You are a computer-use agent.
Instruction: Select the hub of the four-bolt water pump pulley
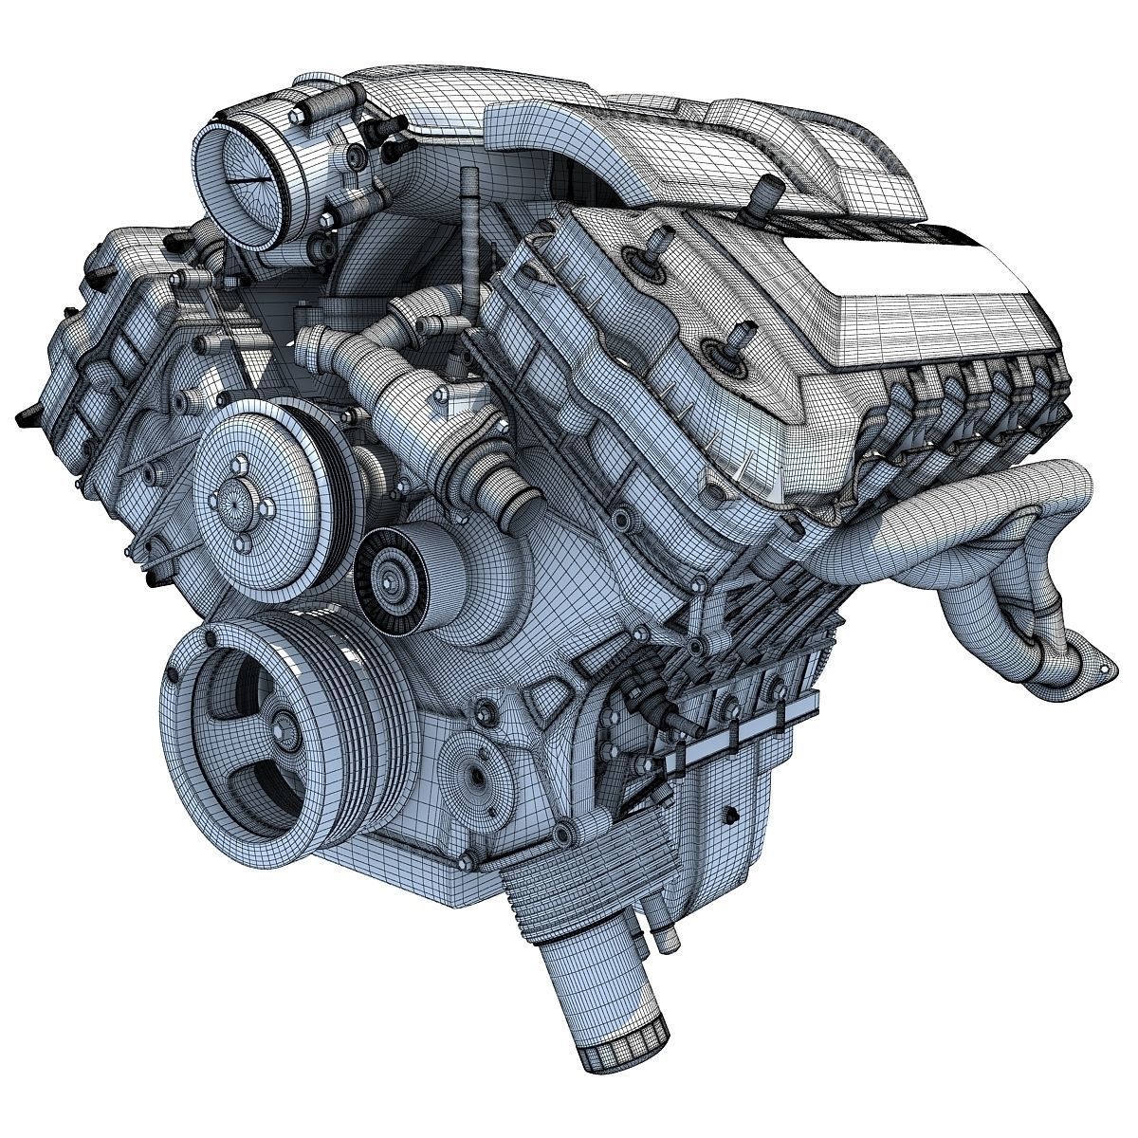[x=231, y=494]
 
